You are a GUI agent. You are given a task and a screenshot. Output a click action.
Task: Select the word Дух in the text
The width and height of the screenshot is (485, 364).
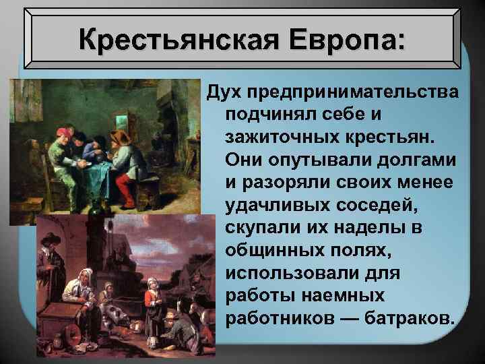click(x=224, y=90)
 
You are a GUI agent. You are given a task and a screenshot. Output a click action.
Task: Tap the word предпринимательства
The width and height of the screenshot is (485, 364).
click(x=350, y=90)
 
